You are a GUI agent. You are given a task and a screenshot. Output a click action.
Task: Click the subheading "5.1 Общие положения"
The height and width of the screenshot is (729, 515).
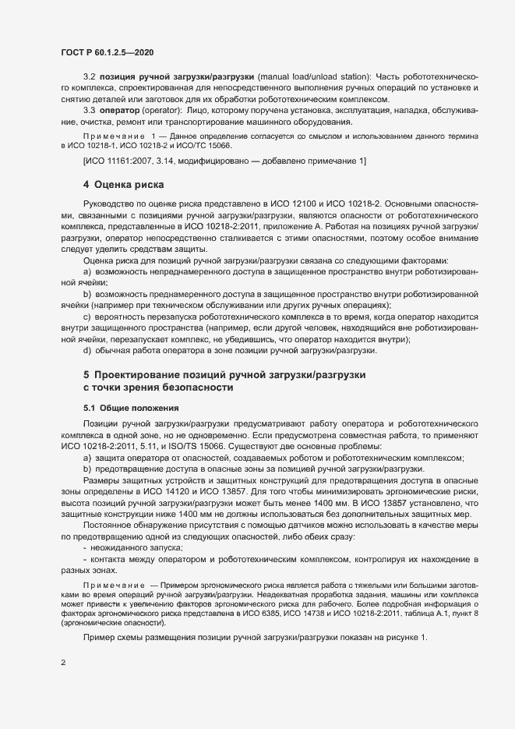(131, 408)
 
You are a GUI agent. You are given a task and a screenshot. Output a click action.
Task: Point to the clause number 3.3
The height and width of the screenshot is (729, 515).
(88, 111)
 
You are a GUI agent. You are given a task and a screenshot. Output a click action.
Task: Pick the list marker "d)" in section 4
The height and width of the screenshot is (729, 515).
(87, 350)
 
